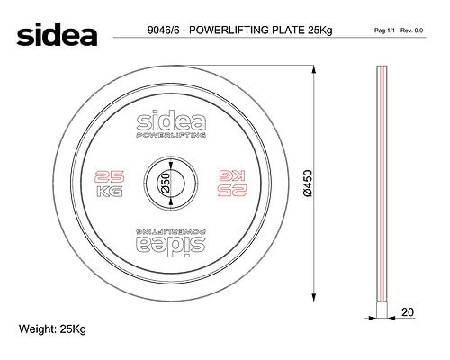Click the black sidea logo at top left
(57, 34)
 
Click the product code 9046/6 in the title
(163, 31)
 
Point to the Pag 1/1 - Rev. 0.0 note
(399, 31)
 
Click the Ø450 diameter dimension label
(308, 184)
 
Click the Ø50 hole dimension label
(166, 183)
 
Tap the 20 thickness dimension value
(408, 312)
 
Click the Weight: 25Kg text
(52, 329)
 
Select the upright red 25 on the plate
(109, 176)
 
